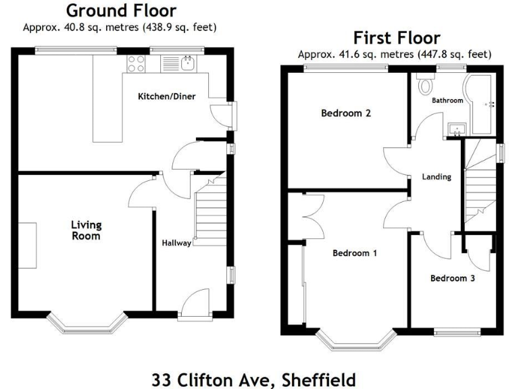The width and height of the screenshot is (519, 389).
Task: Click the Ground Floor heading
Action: point(122,11)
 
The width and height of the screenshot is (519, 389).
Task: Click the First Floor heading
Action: point(396,38)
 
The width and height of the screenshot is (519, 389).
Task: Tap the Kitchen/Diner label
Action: point(167,97)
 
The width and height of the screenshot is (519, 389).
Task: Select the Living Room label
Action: point(86,230)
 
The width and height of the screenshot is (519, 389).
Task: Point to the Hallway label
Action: point(176,243)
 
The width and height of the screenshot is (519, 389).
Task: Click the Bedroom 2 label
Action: point(345,113)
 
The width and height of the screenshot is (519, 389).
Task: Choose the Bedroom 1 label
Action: point(355,253)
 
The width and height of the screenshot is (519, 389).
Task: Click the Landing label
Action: point(437,177)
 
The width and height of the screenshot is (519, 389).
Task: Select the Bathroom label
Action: point(447,101)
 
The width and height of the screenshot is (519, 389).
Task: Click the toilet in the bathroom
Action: point(426,86)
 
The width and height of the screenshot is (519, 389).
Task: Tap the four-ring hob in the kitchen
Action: point(136,63)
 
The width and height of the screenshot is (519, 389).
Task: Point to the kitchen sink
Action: point(187,64)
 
